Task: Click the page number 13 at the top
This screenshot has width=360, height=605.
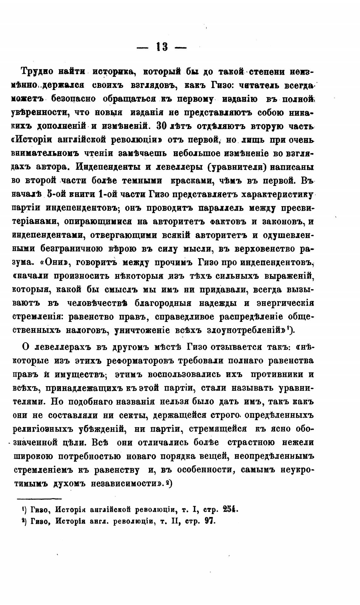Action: (x=162, y=48)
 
